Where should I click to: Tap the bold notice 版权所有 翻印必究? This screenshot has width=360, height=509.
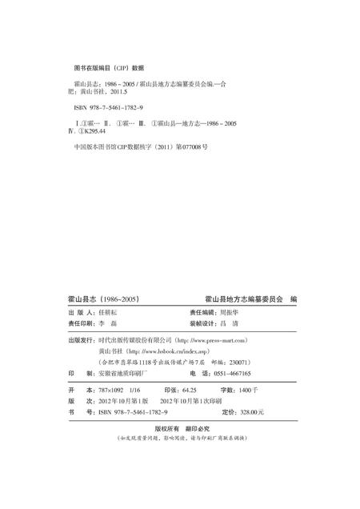(181, 427)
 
